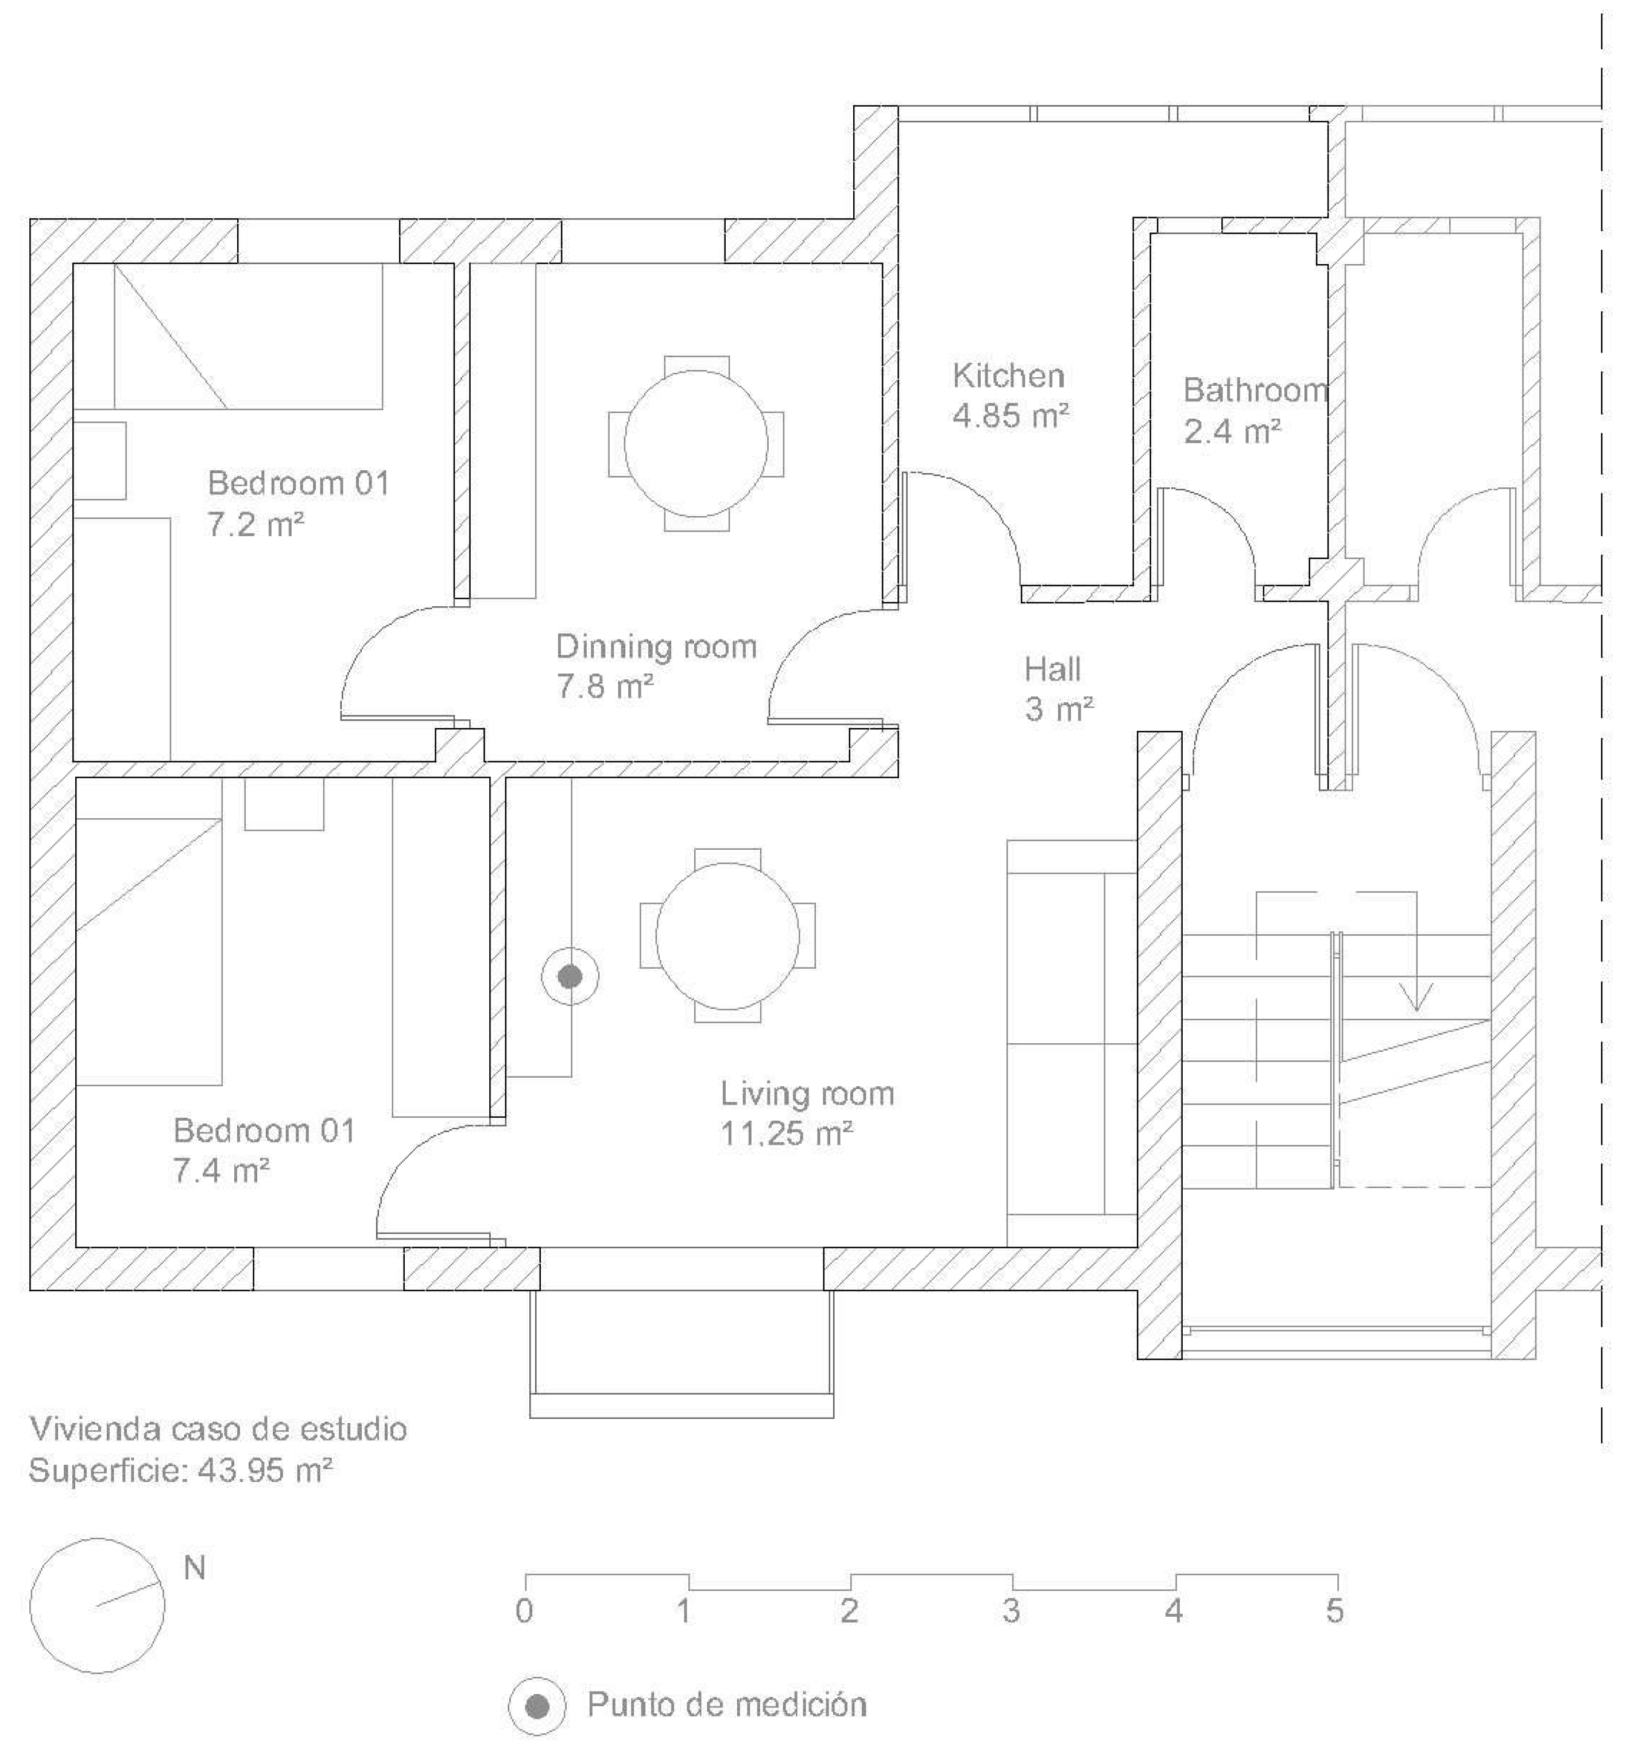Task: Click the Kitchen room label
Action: [1008, 377]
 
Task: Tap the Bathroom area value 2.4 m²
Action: [1231, 432]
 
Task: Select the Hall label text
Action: [1052, 670]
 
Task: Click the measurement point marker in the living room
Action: [570, 977]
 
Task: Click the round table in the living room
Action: [727, 935]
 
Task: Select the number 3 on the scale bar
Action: [1011, 1612]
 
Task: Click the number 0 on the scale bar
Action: [524, 1612]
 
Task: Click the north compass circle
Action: [97, 1605]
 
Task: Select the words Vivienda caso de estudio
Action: [218, 1428]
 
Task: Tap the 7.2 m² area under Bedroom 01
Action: [255, 525]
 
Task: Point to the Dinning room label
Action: [656, 648]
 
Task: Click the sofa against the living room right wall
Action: [1072, 1043]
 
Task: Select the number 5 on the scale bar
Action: [1335, 1612]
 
